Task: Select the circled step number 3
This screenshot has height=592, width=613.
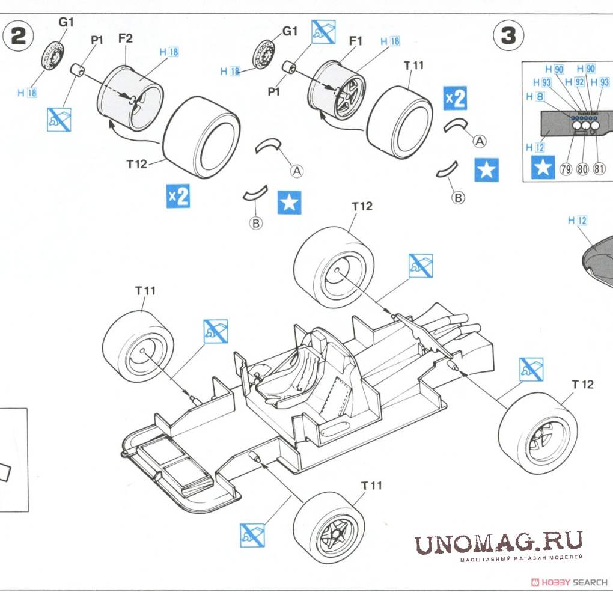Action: (x=508, y=37)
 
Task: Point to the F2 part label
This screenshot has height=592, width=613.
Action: (x=125, y=39)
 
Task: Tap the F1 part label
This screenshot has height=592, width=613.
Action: (x=356, y=41)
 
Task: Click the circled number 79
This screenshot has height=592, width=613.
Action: (x=566, y=169)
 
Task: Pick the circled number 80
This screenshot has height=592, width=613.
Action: (x=582, y=169)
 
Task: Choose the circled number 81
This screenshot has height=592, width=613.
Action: (x=599, y=169)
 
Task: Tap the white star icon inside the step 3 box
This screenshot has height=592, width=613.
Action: (x=544, y=168)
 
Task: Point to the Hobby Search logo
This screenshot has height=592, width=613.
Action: (x=571, y=582)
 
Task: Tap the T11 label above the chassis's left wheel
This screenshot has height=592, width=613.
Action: (x=145, y=290)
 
